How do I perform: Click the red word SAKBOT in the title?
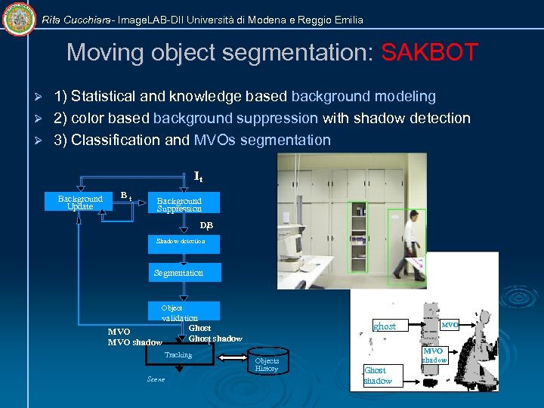pos(429,53)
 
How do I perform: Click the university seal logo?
pos(19,19)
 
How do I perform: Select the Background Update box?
pos(80,202)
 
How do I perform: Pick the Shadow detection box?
pos(181,241)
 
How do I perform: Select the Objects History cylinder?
pos(267,364)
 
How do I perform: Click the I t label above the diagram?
pos(198,177)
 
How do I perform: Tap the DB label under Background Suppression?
pos(206,225)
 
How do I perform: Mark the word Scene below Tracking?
pos(156,379)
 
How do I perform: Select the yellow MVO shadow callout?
pos(433,355)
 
